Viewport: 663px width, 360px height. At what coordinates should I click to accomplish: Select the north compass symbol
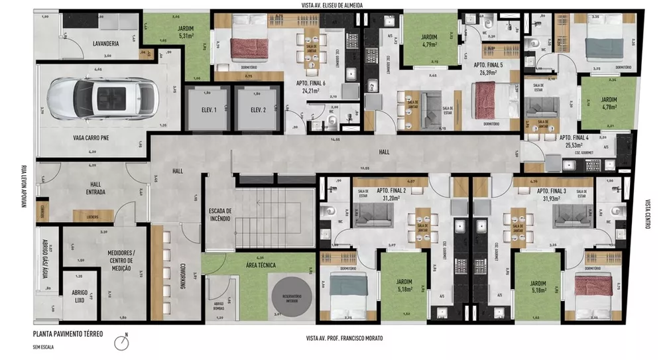pos(121,343)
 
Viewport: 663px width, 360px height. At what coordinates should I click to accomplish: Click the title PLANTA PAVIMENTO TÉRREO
pos(68,334)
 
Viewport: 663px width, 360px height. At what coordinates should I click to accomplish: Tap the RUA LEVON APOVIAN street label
pos(23,186)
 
